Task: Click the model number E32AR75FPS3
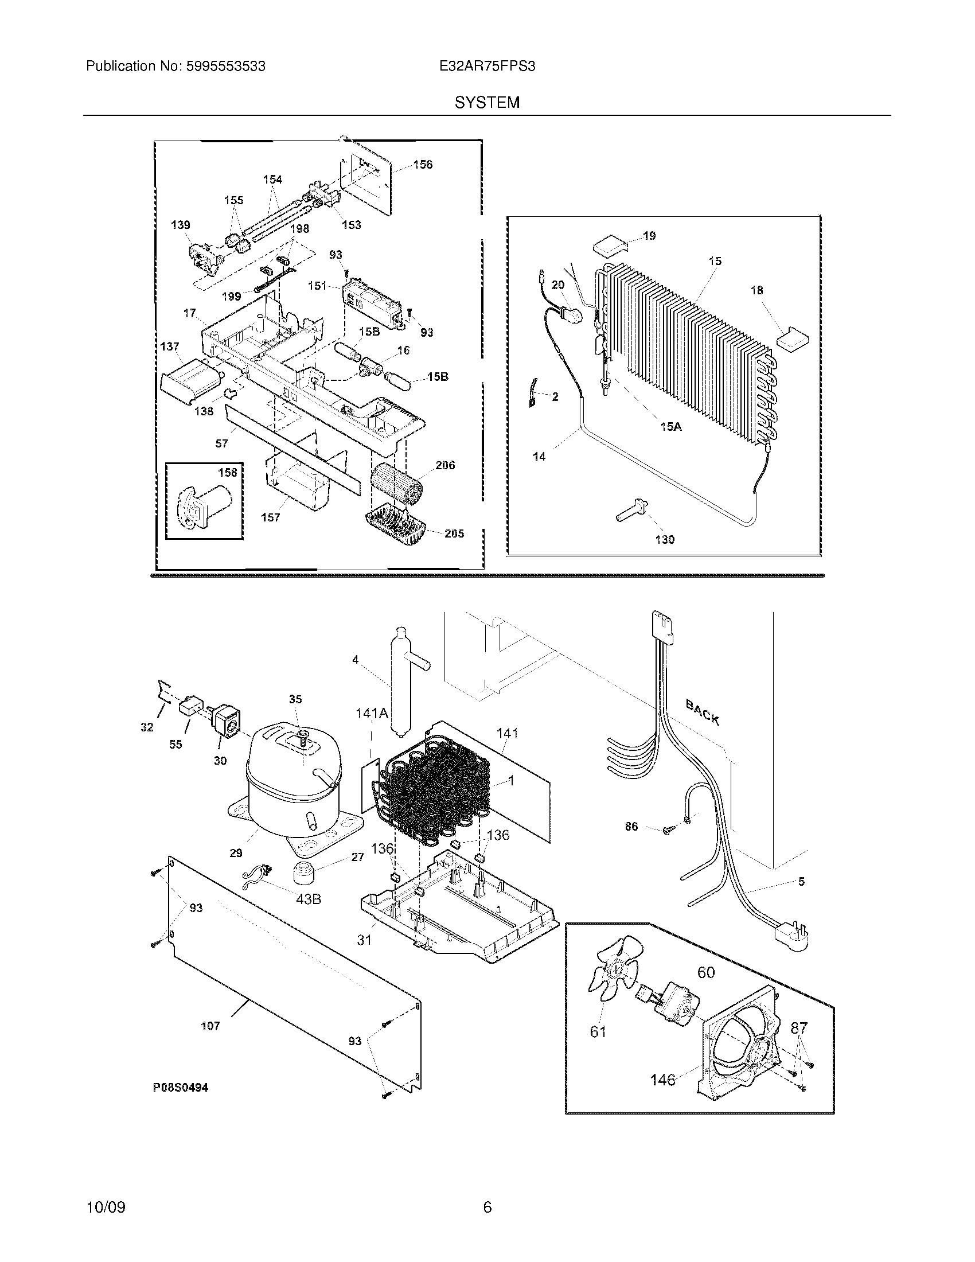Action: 487,67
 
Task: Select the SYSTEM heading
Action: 487,103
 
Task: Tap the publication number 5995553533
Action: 226,67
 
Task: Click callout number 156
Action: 423,165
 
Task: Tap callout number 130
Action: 665,540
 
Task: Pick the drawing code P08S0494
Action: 180,1088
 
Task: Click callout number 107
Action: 210,1026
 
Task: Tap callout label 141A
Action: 372,714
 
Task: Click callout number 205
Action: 454,533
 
